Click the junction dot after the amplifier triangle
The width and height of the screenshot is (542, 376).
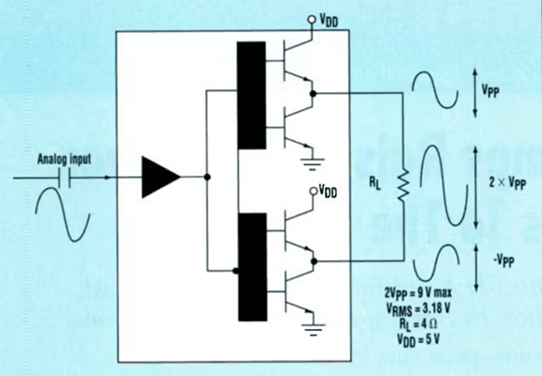[207, 177]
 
